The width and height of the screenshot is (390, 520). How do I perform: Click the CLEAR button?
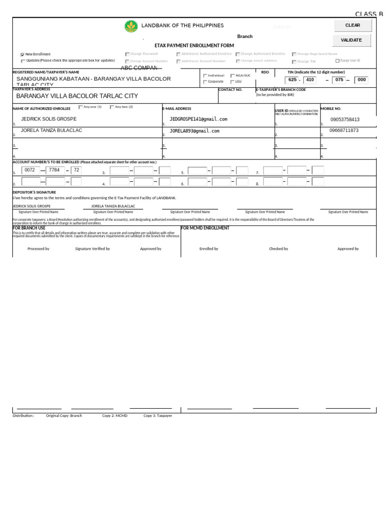tap(352, 25)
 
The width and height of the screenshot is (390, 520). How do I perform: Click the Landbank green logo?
tap(131, 26)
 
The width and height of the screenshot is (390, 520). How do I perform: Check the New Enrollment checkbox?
tap(22, 54)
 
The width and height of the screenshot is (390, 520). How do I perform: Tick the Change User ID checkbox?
tap(337, 61)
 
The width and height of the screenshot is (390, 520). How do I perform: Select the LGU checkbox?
tap(232, 82)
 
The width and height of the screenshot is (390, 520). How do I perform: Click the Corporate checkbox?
tap(205, 82)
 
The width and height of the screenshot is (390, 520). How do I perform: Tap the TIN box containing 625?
tap(292, 80)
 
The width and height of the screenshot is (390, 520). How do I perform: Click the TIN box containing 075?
tap(339, 80)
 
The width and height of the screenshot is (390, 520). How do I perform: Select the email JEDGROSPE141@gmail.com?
tap(199, 119)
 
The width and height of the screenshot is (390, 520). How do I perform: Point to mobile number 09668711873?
tap(344, 131)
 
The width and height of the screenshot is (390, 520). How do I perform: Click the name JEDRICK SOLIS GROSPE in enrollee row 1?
tap(49, 119)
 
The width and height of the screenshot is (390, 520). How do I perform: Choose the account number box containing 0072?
tap(30, 170)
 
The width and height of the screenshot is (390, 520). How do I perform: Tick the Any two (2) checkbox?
tap(112, 107)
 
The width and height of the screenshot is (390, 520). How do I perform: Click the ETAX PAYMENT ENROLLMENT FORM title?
tap(194, 46)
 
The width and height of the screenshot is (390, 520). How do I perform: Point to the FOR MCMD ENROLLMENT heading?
tap(205, 229)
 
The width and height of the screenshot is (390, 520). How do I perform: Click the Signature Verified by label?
tap(92, 249)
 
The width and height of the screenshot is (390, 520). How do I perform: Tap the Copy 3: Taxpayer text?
tap(157, 416)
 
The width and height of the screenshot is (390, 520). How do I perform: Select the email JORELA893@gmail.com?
tap(194, 131)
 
